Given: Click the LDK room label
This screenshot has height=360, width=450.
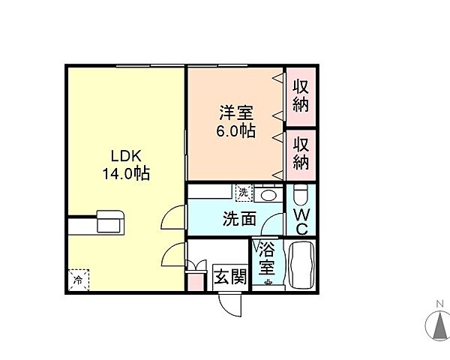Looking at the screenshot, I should coord(124,157).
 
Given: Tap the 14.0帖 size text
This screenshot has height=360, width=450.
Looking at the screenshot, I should coord(125,174).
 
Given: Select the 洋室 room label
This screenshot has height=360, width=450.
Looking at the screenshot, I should coord(235,115).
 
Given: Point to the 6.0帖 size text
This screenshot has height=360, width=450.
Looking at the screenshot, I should coord(235,131).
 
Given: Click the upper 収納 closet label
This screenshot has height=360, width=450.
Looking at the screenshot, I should coord(301,95).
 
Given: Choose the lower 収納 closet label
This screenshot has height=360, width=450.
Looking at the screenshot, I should coord(301,152).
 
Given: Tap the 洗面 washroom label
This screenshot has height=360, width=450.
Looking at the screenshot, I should coord(239,219).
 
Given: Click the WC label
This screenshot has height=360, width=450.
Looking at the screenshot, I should coord(301,221).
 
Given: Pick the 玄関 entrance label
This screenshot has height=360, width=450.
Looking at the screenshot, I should coord(229,277).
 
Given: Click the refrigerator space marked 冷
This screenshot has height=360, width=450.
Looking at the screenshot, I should coord(78,280).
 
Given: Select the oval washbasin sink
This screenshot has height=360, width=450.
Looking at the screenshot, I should coord(268,195).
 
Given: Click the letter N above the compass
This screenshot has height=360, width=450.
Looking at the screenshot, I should coord(436,304).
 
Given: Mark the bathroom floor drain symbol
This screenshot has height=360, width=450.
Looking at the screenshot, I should coord(267,283).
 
